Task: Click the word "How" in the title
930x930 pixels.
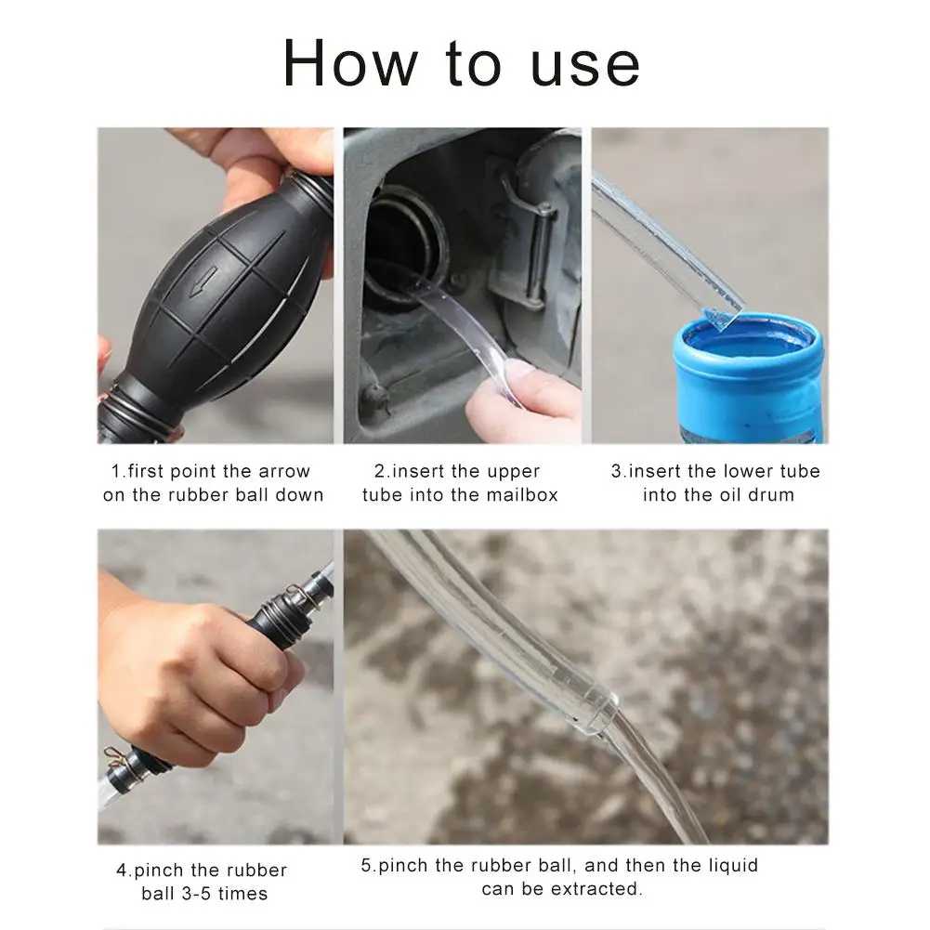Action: [350, 63]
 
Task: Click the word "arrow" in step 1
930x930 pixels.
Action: [283, 472]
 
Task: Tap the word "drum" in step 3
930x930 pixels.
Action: [770, 494]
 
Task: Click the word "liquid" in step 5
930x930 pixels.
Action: [734, 865]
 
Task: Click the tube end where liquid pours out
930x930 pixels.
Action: [599, 712]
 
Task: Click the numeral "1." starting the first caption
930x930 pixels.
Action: [119, 472]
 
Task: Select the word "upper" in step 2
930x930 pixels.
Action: [513, 473]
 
